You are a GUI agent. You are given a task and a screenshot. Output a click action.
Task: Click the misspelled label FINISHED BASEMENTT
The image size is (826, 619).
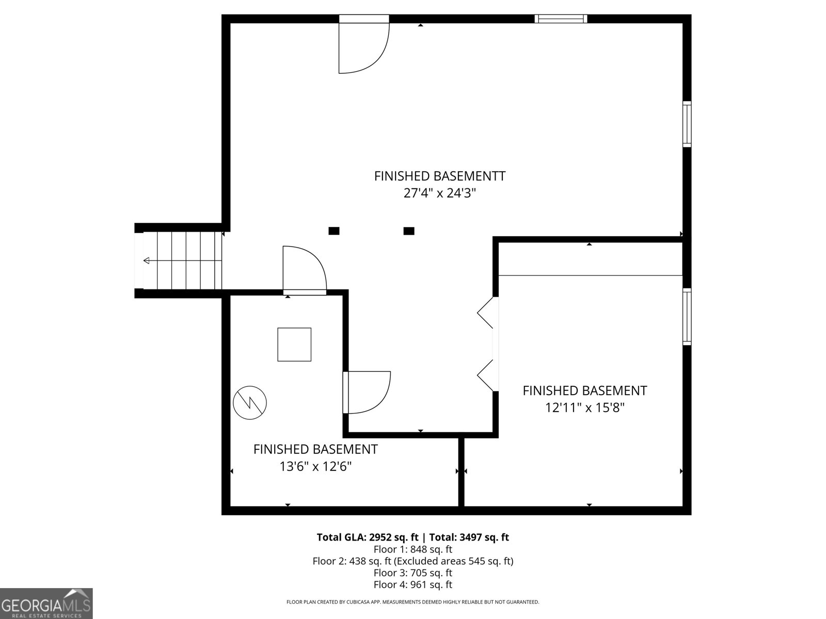(x=439, y=176)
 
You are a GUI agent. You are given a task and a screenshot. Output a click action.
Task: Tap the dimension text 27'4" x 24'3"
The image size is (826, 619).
(x=439, y=193)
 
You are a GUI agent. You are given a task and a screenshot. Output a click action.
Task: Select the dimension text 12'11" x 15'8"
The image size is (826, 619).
(x=584, y=408)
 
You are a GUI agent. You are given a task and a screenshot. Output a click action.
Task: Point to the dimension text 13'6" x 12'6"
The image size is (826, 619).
(x=315, y=467)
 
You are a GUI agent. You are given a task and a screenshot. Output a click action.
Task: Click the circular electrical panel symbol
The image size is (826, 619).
(x=250, y=402)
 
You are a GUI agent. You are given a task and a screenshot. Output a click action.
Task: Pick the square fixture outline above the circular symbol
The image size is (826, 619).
(x=294, y=344)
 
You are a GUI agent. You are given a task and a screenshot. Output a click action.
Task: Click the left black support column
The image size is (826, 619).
(x=334, y=231)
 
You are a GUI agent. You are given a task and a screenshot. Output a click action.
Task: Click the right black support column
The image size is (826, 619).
(x=408, y=231)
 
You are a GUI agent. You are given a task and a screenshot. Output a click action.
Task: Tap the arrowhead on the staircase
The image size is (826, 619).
(x=147, y=260)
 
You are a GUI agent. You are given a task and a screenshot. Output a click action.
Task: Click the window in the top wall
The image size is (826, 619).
(x=561, y=19)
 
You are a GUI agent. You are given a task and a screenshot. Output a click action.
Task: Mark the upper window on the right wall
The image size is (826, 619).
(x=687, y=124)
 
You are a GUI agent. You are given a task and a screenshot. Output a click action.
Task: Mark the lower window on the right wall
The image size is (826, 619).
(x=687, y=316)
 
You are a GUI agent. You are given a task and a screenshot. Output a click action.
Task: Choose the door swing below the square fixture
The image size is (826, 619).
(x=368, y=392)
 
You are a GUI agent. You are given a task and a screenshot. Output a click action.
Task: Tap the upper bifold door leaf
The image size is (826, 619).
(x=485, y=313)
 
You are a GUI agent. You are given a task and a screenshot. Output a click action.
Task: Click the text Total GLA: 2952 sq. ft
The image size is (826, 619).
(x=368, y=537)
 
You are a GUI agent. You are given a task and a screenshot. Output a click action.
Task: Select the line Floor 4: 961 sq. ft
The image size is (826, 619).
(x=412, y=584)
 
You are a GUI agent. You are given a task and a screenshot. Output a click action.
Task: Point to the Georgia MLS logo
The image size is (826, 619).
(x=46, y=603)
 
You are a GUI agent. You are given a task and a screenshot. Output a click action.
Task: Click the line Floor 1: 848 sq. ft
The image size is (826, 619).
(x=412, y=549)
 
